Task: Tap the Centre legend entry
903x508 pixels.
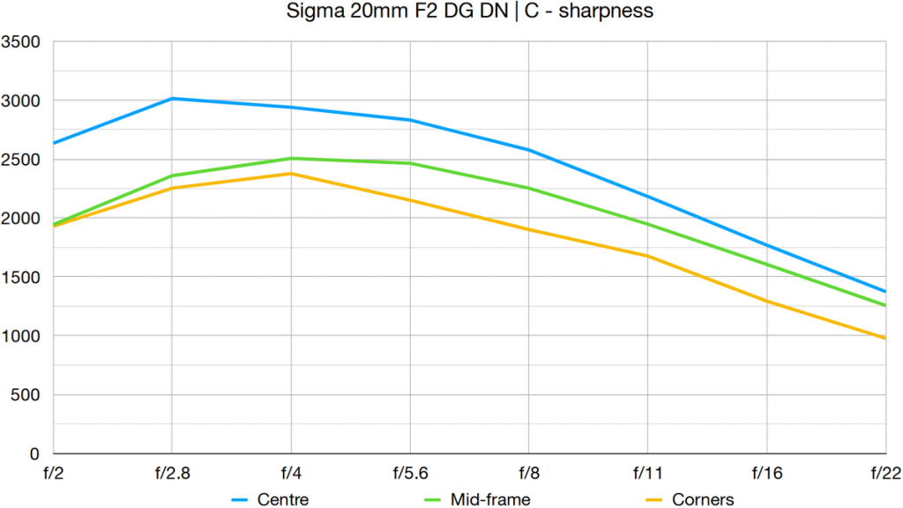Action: tap(283, 499)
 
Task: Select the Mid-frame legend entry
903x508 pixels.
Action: tap(490, 499)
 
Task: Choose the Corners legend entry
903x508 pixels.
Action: tap(702, 499)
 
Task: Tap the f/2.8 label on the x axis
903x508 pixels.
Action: tap(171, 473)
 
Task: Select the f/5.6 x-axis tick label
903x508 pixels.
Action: tap(409, 473)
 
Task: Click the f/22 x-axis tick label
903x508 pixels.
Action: tap(884, 473)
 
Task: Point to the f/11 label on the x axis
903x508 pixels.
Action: tap(647, 473)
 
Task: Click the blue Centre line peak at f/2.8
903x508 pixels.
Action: tap(172, 99)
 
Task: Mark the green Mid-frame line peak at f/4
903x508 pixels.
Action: tap(291, 159)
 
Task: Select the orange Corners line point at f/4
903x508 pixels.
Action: tap(291, 174)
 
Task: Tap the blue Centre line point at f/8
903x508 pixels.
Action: tap(528, 150)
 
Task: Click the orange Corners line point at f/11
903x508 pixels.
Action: tap(647, 256)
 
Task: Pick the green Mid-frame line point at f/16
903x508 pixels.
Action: tap(766, 265)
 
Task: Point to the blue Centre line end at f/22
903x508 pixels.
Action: tap(884, 291)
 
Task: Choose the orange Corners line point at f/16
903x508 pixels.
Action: tap(766, 301)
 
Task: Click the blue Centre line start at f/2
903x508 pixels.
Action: tap(54, 143)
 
